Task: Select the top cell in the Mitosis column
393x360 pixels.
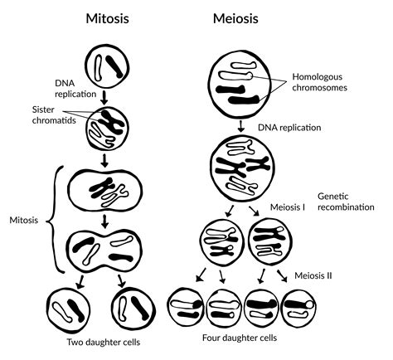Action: pos(110,67)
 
